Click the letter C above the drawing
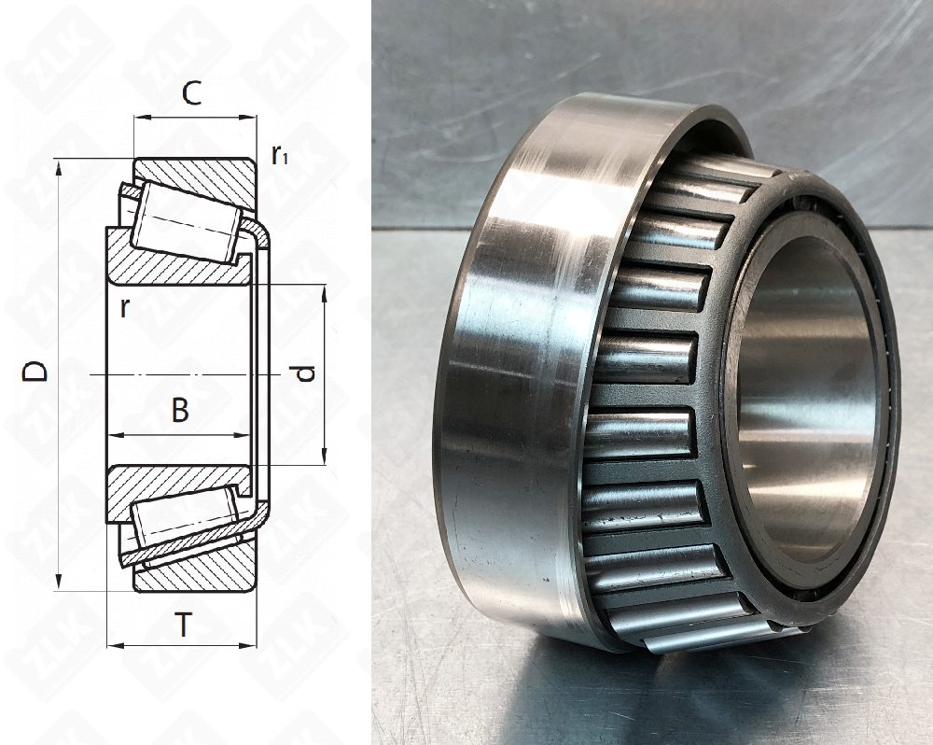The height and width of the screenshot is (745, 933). pos(191,93)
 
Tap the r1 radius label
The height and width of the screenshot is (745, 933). pos(279,154)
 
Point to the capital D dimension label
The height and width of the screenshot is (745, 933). pos(35,372)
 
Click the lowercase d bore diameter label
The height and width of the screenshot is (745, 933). pos(304,374)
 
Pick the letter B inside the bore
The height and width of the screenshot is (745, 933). pos(180,410)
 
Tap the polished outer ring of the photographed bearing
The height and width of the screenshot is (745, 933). pos(522,373)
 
